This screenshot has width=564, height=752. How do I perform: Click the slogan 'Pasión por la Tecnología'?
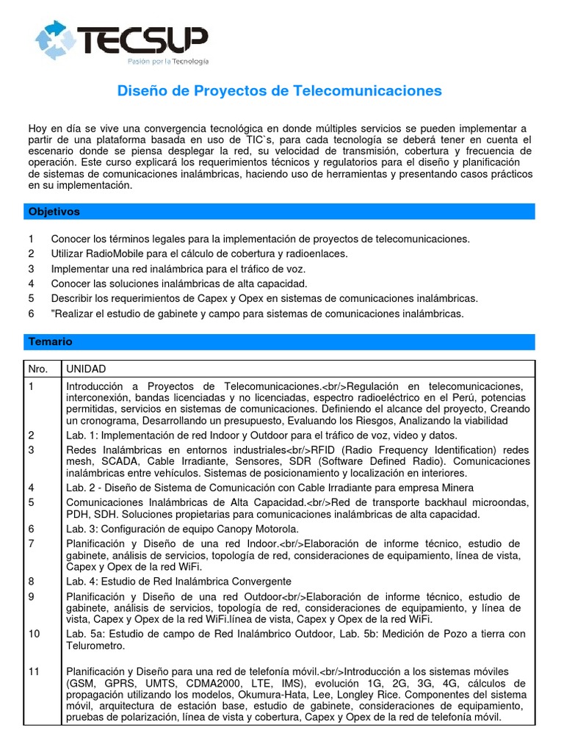(167, 62)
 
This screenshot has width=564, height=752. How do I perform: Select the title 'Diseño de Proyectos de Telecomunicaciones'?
(281, 91)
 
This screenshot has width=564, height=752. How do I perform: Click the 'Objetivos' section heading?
(54, 211)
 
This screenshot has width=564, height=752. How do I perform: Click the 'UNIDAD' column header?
(86, 369)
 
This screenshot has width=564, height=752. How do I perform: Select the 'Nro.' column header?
(37, 369)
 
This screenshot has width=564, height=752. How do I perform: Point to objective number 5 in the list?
(32, 298)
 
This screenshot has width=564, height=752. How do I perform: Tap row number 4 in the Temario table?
(32, 488)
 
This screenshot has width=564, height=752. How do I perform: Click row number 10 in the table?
(34, 634)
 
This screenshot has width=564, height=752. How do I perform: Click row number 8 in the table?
(32, 581)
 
